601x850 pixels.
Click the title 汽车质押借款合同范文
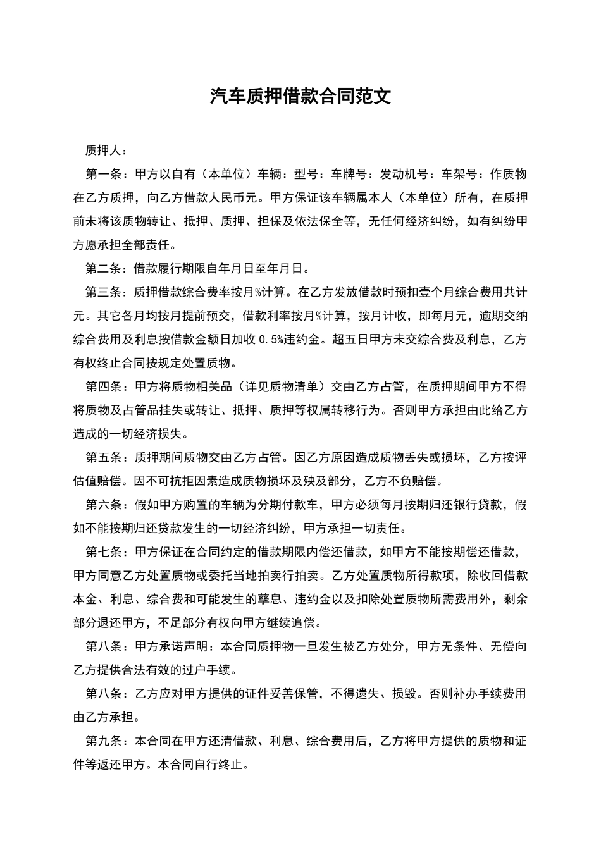click(300, 96)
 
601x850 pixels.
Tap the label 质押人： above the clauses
click(106, 151)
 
